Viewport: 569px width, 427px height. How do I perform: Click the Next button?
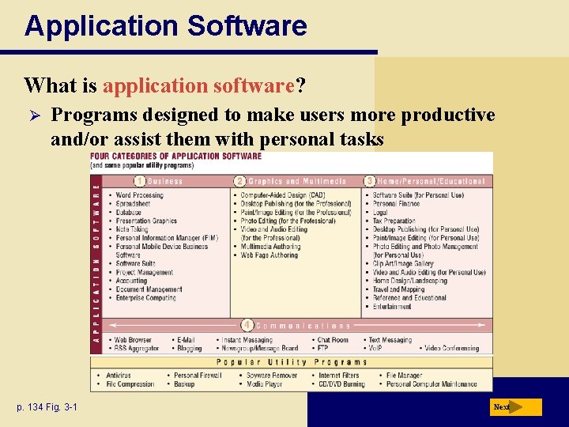514,407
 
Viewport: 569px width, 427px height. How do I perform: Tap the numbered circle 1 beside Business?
139,181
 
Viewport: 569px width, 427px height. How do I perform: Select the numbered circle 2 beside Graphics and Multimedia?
240,181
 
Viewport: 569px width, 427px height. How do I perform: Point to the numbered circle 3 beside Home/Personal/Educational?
370,181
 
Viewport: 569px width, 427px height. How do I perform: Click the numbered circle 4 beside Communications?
247,325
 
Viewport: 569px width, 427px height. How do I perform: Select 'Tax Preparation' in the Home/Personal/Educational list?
394,221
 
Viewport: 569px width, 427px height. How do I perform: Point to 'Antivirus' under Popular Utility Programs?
119,376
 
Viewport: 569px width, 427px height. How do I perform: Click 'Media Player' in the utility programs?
264,384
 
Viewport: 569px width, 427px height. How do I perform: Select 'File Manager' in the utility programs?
404,376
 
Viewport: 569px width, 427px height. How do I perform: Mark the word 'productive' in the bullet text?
448,115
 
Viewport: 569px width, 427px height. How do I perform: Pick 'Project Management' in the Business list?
144,272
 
